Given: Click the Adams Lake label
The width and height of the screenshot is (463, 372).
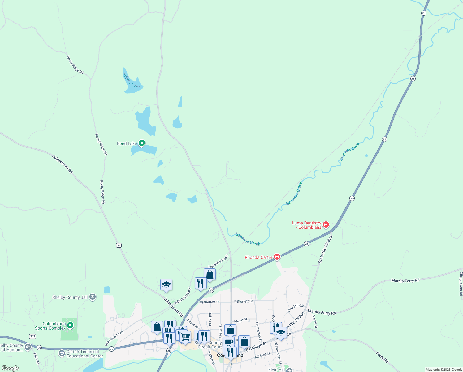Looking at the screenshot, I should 132,81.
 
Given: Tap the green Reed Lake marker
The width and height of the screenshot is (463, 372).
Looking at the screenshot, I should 142,143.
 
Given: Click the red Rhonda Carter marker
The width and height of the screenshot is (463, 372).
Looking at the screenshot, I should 277,257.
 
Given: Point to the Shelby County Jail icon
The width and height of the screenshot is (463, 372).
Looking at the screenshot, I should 93,297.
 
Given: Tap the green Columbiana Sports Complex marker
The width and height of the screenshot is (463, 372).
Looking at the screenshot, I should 70,325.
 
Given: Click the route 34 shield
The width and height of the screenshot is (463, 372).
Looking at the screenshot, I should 119,245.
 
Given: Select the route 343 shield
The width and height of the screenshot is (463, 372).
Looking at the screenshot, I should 32,336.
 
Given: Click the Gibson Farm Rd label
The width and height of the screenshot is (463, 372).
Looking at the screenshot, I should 461,284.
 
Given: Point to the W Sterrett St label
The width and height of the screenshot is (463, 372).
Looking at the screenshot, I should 210,302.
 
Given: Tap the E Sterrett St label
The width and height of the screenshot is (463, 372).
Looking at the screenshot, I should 243,301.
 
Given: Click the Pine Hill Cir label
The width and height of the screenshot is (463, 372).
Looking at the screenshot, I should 295,308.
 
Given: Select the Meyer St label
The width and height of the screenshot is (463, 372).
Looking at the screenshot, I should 241,320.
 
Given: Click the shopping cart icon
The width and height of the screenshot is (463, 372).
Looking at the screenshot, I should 185,336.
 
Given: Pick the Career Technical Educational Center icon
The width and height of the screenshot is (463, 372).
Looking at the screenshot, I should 62,353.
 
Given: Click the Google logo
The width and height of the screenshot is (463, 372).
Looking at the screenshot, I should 11,368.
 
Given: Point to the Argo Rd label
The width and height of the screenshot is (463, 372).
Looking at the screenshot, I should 36,358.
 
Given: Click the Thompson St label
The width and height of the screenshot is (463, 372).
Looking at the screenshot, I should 258,331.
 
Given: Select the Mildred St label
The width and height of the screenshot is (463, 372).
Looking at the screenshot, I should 262,355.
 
